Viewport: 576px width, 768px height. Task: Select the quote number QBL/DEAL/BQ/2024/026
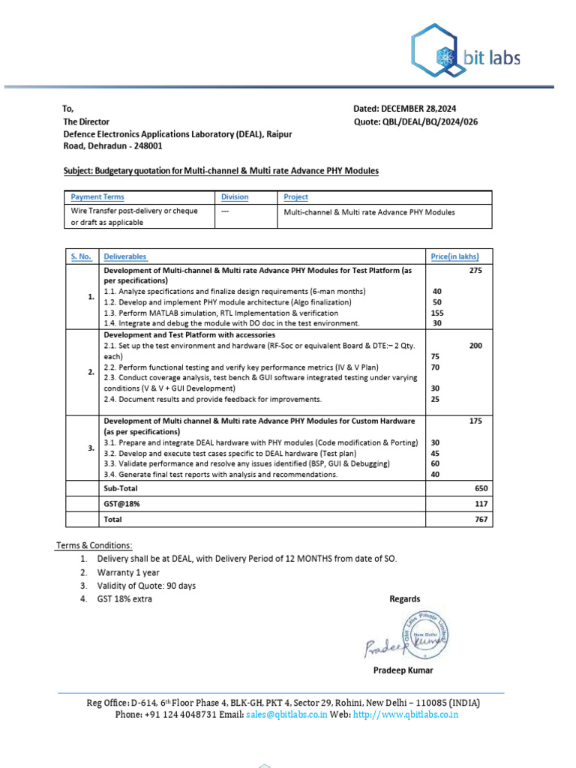point(429,121)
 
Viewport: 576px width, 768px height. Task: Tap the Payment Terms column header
point(97,197)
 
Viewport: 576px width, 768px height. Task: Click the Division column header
point(235,197)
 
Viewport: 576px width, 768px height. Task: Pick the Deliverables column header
point(125,256)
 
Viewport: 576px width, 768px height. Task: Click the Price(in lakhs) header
point(454,256)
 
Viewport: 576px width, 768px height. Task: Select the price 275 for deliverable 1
point(475,270)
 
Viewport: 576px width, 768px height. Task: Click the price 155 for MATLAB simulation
point(438,313)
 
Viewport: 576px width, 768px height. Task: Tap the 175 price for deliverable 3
point(475,421)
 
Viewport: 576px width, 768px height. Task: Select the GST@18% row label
point(121,504)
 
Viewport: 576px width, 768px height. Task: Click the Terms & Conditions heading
point(94,545)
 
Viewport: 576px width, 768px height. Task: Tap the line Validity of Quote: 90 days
point(146,586)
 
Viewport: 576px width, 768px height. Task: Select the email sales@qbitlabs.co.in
point(286,715)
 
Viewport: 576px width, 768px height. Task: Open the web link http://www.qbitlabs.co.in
point(405,715)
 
